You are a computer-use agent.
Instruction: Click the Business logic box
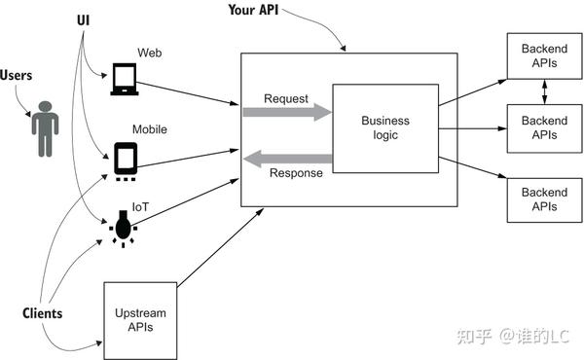pyautogui.click(x=385, y=128)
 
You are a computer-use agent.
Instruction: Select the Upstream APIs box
pyautogui.click(x=140, y=320)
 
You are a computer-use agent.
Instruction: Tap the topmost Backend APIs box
pyautogui.click(x=544, y=55)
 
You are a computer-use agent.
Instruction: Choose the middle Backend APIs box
pyautogui.click(x=544, y=128)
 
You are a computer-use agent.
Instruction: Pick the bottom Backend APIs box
pyautogui.click(x=544, y=199)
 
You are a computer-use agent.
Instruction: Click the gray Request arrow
pyautogui.click(x=287, y=112)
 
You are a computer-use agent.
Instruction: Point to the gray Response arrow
pyautogui.click(x=287, y=159)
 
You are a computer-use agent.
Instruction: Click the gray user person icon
pyautogui.click(x=45, y=128)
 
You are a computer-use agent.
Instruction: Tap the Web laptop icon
pyautogui.click(x=125, y=79)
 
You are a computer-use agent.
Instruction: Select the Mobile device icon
pyautogui.click(x=126, y=162)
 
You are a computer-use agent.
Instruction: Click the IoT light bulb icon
pyautogui.click(x=123, y=229)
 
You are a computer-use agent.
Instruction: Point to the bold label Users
pyautogui.click(x=16, y=75)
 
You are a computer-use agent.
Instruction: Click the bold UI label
pyautogui.click(x=84, y=20)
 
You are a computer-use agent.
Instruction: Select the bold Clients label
pyautogui.click(x=43, y=313)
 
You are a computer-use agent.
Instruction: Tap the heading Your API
pyautogui.click(x=253, y=10)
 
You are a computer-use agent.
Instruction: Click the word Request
pyautogui.click(x=286, y=98)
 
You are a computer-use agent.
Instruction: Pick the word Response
pyautogui.click(x=296, y=173)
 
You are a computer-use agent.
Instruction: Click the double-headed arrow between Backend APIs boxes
pyautogui.click(x=544, y=92)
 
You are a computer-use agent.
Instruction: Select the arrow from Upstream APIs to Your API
pyautogui.click(x=221, y=247)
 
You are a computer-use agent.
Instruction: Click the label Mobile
pyautogui.click(x=150, y=129)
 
